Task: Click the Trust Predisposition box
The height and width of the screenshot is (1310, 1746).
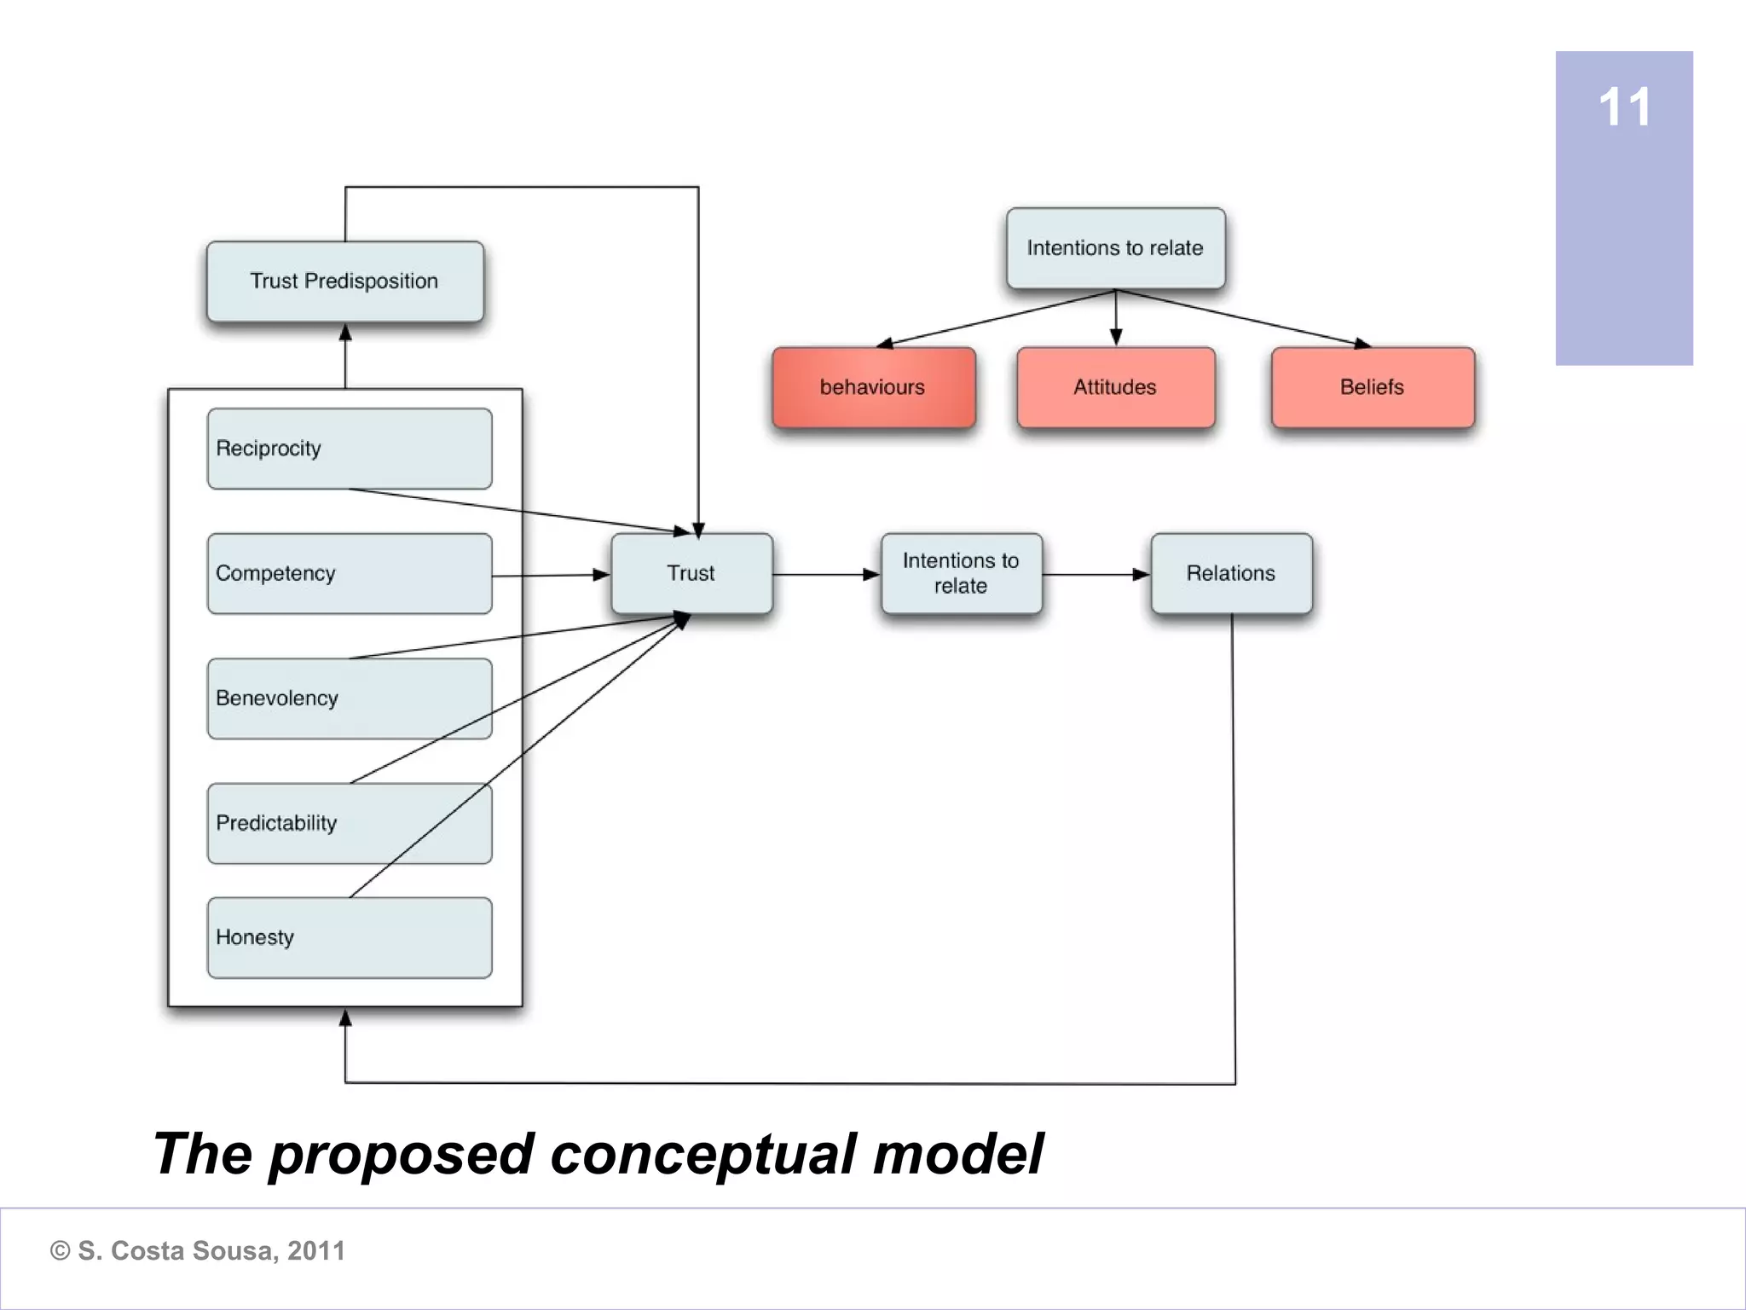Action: (x=344, y=281)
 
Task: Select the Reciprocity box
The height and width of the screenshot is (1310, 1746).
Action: (x=349, y=449)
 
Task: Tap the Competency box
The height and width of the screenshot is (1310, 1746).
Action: (x=349, y=573)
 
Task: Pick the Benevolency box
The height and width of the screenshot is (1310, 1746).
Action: (x=349, y=698)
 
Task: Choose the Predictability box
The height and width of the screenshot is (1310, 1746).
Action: (x=349, y=823)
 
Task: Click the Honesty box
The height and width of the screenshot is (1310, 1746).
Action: (x=349, y=937)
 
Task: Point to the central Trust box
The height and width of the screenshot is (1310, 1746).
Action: (x=691, y=573)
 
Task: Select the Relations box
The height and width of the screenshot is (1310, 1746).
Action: (x=1231, y=573)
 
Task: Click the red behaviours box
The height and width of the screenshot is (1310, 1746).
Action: (x=873, y=387)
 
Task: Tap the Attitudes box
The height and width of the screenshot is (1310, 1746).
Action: (x=1115, y=387)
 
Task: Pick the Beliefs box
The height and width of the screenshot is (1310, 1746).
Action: (x=1373, y=387)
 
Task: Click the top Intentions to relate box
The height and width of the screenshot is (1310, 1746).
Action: (x=1115, y=248)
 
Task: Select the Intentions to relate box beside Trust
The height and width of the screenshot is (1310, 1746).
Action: (x=961, y=573)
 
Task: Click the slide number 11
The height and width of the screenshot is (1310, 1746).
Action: (x=1624, y=107)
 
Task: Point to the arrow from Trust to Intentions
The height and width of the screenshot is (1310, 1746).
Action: (x=826, y=574)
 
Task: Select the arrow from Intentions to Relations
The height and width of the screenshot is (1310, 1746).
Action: (x=1096, y=574)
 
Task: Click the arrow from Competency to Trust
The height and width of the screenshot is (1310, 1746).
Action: (x=551, y=575)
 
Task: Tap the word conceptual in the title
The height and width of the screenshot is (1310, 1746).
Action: (x=703, y=1155)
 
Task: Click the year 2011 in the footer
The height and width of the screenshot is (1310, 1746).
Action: (x=315, y=1251)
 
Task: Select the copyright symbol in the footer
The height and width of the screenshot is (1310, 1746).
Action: (x=60, y=1251)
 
